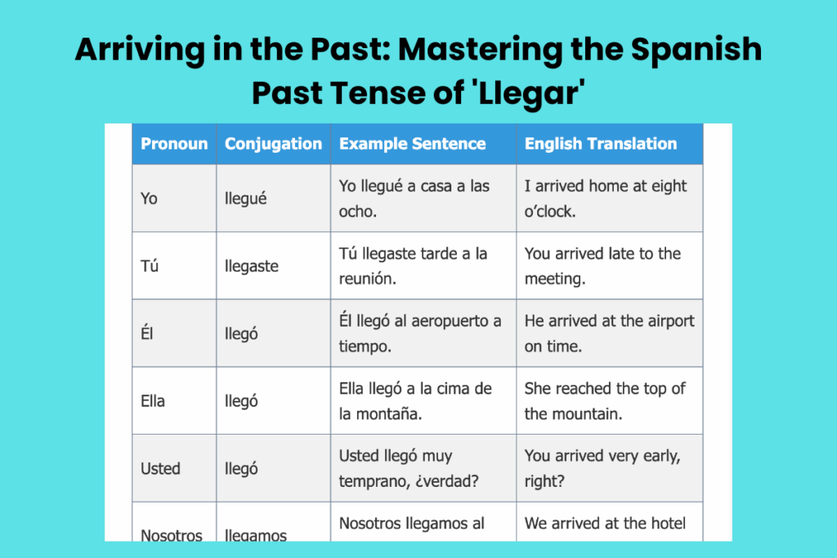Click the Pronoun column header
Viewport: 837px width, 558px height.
[x=174, y=144]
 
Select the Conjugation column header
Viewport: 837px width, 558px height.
[x=273, y=144]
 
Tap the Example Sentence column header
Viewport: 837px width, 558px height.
[x=412, y=144]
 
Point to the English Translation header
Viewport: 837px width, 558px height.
[x=601, y=144]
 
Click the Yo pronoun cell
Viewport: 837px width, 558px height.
[x=149, y=199]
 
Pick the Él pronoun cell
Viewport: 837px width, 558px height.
[x=147, y=333]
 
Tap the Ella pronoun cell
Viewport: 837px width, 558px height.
[x=153, y=401]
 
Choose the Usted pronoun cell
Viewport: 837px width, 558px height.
[x=160, y=469]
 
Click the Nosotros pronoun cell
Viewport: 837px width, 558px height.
[x=172, y=535]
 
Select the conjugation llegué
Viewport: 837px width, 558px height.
[x=246, y=199]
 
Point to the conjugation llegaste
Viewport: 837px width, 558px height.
[x=252, y=266]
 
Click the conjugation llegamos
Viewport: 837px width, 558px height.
[x=256, y=535]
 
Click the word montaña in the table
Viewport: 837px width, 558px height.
[x=390, y=414]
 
